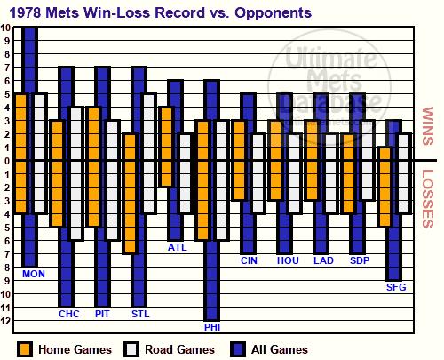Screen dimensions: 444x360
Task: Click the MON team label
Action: point(34,274)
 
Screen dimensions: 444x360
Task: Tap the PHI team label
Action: point(212,327)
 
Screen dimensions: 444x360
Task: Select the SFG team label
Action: point(396,287)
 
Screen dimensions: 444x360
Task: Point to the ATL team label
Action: point(178,247)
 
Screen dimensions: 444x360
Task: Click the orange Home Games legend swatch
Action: point(25,349)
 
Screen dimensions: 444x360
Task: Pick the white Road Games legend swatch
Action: point(131,349)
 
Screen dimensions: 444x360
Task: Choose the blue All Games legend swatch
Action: point(238,349)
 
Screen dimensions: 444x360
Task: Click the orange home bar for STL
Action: point(130,194)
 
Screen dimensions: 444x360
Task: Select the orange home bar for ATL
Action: point(166,147)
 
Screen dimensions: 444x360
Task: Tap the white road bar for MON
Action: point(40,154)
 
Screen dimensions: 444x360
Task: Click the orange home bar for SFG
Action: point(385,187)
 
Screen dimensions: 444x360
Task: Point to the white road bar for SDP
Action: point(368,160)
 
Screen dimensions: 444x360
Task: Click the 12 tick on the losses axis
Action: point(6,321)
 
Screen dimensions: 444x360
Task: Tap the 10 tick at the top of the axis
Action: point(5,28)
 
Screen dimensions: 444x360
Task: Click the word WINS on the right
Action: point(428,126)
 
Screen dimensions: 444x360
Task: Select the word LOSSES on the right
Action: point(428,198)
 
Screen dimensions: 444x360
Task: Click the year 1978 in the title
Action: point(25,12)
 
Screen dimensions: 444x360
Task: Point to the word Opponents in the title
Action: point(273,13)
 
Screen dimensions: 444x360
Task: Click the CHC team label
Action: point(69,314)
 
